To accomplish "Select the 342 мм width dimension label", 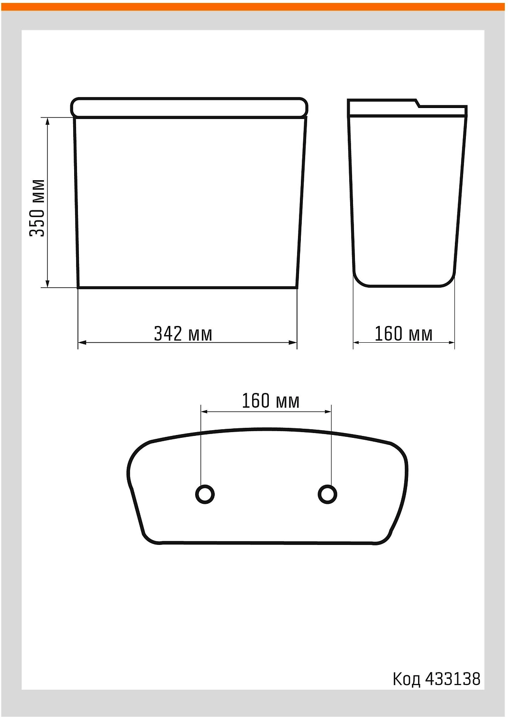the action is click(x=183, y=334).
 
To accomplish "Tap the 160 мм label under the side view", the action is click(x=404, y=334).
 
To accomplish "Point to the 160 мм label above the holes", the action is click(x=271, y=401).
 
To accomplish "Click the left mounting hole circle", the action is click(x=205, y=494).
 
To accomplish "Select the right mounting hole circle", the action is click(x=327, y=494).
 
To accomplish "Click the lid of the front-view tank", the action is click(x=189, y=108).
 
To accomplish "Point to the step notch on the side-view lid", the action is click(x=418, y=103).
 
